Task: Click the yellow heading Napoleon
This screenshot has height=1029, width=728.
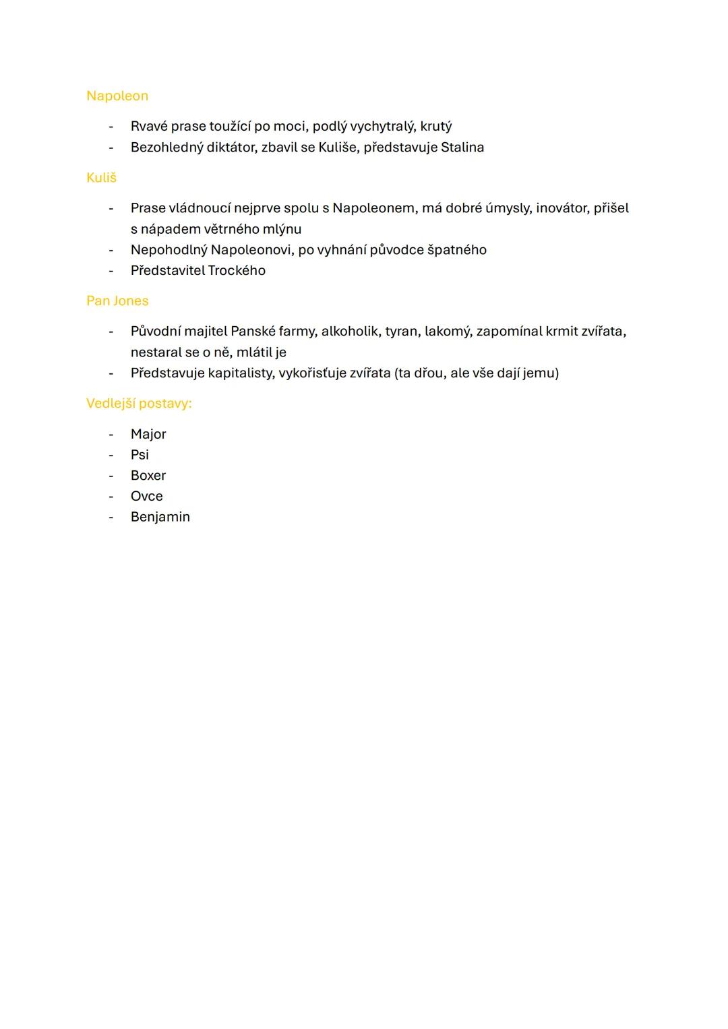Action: coord(117,96)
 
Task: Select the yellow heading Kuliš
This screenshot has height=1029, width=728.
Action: coord(101,177)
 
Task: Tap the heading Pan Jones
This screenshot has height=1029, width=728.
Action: coord(117,301)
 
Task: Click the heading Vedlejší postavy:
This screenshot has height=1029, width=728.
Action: coord(139,403)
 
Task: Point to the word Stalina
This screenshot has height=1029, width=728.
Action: coord(462,147)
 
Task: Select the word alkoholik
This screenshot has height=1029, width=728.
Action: coord(349,331)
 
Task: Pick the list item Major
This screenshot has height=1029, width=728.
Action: coord(148,434)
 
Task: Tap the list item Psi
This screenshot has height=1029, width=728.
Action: coord(140,455)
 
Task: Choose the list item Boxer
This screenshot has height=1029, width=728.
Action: coord(148,476)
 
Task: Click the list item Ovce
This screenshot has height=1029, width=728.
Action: coord(147,496)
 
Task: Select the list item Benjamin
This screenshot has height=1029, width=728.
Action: coord(160,517)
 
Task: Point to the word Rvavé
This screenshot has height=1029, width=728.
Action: coord(149,126)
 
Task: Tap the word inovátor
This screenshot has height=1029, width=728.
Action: coord(562,208)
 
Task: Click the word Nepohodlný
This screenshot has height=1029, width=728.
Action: coord(169,250)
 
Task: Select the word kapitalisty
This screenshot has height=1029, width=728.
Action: coord(237,373)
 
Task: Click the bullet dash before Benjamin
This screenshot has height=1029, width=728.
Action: coord(111,517)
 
